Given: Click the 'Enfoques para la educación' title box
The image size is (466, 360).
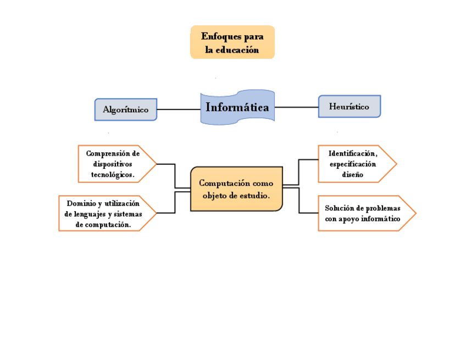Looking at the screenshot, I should coord(232,42).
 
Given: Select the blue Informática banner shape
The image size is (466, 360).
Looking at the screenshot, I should coord(237,107).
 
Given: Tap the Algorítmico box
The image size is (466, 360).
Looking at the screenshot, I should coord(125,109).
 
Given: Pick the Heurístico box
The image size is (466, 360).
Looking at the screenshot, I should coord(349,107).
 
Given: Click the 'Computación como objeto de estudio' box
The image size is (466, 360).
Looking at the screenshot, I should coord(236,189).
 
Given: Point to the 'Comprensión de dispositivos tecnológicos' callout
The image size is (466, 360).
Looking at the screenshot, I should coord(113,164).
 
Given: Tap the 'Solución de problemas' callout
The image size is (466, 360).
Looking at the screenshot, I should coord(362,213).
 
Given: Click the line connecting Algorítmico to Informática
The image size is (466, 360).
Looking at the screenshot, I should coord(179,109).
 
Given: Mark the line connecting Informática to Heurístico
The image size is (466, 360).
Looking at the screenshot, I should coord(297,107).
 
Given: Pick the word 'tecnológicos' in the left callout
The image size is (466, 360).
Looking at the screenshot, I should coord(113,174).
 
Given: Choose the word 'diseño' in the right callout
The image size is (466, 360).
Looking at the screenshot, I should coord(352,174).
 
